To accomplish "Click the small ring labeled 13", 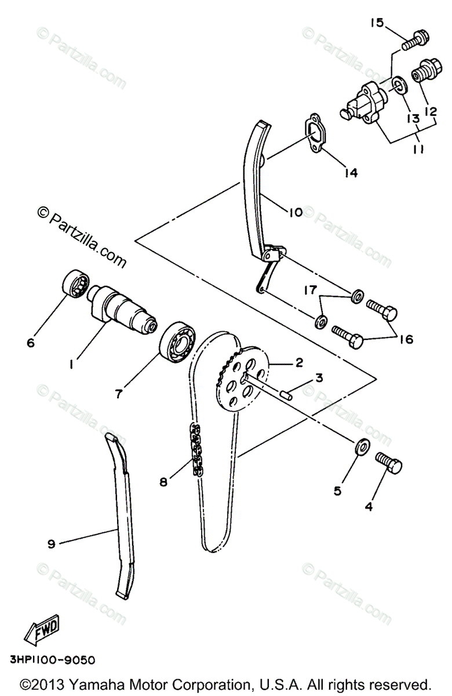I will (x=398, y=85).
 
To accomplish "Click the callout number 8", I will (x=165, y=481).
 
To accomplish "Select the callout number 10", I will (x=294, y=213).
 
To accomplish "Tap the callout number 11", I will (x=418, y=149).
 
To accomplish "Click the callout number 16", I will (x=406, y=339).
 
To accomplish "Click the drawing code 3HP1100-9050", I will (x=53, y=660).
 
